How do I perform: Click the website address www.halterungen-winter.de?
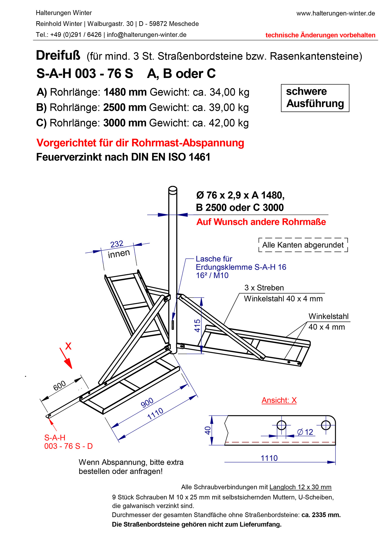pyautogui.click(x=335, y=13)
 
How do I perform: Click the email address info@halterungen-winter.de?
pyautogui.click(x=146, y=35)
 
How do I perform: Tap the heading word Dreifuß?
pyautogui.click(x=58, y=55)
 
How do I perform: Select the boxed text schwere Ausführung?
pyautogui.click(x=315, y=98)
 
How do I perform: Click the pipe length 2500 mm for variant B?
pyautogui.click(x=125, y=108)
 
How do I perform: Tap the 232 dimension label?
pyautogui.click(x=117, y=244)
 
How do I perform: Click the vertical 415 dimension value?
pyautogui.click(x=197, y=325)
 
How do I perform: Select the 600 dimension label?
pyautogui.click(x=59, y=386)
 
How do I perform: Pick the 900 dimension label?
pyautogui.click(x=147, y=403)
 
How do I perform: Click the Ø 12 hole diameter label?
pyautogui.click(x=305, y=432)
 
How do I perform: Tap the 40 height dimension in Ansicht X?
pyautogui.click(x=207, y=430)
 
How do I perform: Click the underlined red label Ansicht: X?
pyautogui.click(x=279, y=400)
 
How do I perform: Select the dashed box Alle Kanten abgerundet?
pyautogui.click(x=303, y=245)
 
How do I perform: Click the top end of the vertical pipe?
pyautogui.click(x=173, y=189)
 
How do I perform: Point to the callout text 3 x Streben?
pyautogui.click(x=264, y=288)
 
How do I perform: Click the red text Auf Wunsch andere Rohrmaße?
pyautogui.click(x=261, y=222)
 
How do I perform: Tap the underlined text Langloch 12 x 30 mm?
pyautogui.click(x=300, y=487)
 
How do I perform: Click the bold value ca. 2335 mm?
pyautogui.click(x=321, y=515)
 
